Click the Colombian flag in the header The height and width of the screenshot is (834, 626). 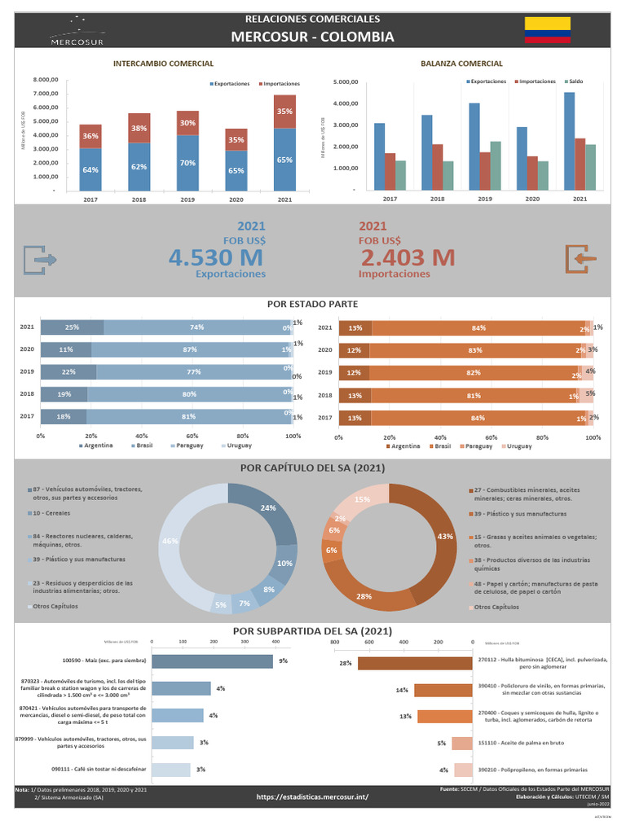[x=546, y=29]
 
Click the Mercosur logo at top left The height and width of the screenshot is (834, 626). [x=78, y=32]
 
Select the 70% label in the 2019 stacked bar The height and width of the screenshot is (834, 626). [x=187, y=163]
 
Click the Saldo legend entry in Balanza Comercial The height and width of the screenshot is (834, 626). [x=573, y=81]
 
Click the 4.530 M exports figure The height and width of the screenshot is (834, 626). [x=215, y=258]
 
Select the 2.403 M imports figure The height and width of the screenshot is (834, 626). [x=407, y=258]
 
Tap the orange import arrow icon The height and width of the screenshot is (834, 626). [x=582, y=259]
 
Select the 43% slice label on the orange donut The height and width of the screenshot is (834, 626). [x=445, y=537]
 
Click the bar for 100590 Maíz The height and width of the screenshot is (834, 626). [x=213, y=661]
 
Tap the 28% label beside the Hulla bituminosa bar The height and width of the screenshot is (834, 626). [x=346, y=664]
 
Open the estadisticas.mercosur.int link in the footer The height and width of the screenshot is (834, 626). [x=312, y=797]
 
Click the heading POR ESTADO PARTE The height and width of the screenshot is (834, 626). [x=312, y=304]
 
